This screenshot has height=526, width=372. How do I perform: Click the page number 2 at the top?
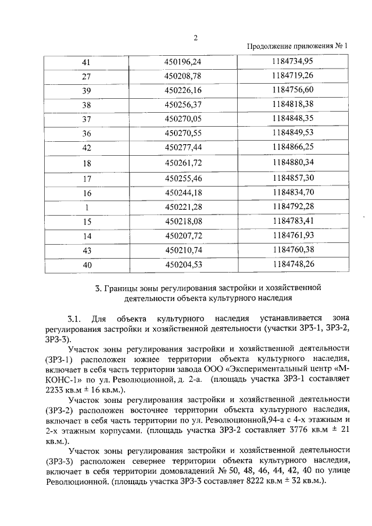(196, 38)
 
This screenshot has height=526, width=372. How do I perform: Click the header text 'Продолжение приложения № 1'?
(297, 46)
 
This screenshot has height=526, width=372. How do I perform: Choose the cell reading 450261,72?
(183, 163)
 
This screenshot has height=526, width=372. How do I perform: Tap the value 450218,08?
(183, 221)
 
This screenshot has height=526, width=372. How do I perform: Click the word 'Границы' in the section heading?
(120, 288)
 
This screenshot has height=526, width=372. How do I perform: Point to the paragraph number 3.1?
(74, 319)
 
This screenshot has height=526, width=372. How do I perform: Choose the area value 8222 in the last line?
(257, 481)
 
